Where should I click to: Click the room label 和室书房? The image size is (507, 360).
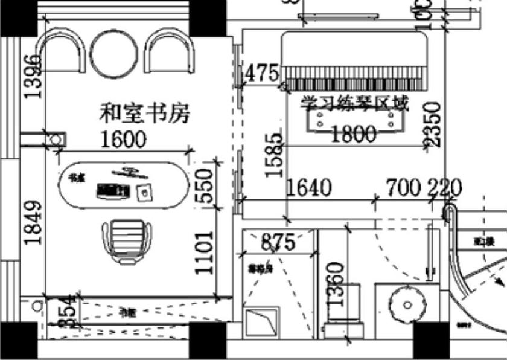[x=145, y=113]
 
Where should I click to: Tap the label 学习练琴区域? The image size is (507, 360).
[x=356, y=103]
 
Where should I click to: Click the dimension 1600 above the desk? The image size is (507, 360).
[x=123, y=140]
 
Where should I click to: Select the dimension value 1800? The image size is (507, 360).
[x=354, y=134]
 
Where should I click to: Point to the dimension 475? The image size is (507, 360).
[x=263, y=74]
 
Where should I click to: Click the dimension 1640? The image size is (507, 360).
[x=309, y=188]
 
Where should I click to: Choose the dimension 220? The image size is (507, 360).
[x=445, y=188]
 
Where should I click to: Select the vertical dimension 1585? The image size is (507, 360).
[x=275, y=154]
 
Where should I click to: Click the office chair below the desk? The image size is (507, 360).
[x=127, y=240]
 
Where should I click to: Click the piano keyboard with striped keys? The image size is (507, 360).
[x=356, y=79]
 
